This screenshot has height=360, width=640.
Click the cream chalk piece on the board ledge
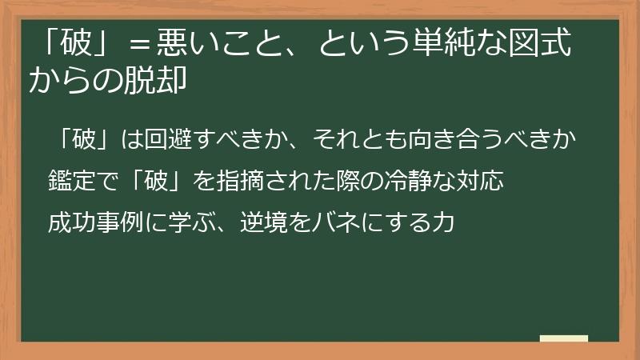click(563, 338)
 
